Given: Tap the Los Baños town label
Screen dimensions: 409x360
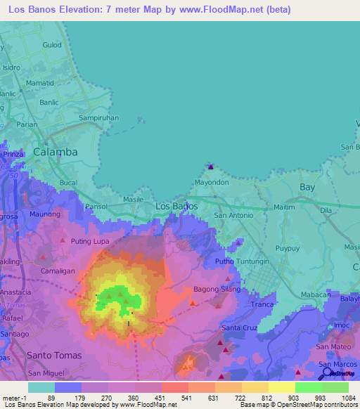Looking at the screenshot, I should [175, 206].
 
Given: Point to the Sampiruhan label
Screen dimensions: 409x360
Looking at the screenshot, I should [98, 118].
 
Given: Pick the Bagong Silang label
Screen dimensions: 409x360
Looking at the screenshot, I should [217, 290].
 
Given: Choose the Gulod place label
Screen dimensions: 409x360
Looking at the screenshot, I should [52, 44].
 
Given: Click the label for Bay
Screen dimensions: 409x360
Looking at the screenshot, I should [307, 188].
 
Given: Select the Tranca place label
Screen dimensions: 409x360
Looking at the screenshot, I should [262, 304].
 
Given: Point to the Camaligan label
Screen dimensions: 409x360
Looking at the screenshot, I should [58, 270].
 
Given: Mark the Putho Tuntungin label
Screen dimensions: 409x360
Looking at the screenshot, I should [242, 261].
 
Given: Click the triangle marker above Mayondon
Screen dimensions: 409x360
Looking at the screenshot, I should [210, 167].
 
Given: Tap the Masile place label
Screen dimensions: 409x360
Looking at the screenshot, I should [133, 200].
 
